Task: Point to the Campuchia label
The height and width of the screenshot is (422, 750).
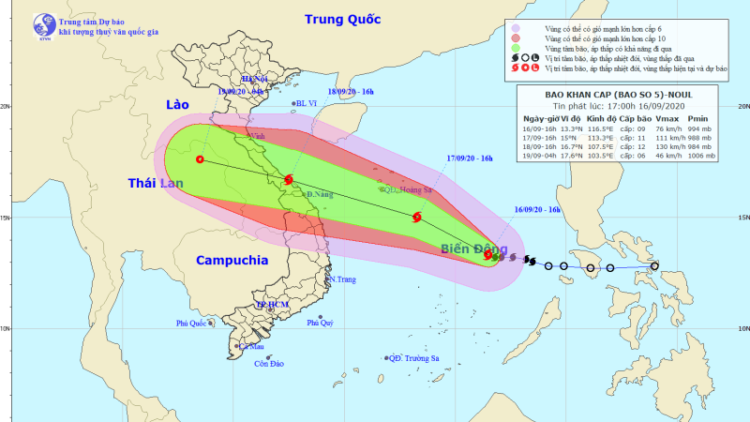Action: pos(232,260)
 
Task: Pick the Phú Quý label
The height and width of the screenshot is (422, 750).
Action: pos(320,323)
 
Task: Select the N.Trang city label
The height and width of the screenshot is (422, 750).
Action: pos(343,279)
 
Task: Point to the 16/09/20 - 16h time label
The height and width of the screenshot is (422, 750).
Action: pos(538,208)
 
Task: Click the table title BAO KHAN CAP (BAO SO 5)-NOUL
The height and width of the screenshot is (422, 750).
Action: pos(620,94)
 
